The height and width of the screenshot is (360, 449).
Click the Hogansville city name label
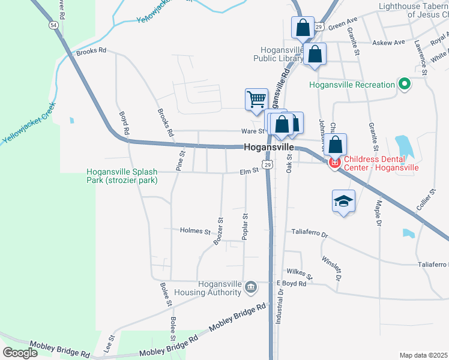click(x=269, y=148)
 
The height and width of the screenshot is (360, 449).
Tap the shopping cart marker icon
click(x=256, y=99)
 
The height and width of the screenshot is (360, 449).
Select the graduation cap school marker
click(x=343, y=201)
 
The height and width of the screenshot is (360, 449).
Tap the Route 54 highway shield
click(x=54, y=25)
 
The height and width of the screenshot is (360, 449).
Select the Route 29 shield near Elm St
click(x=268, y=164)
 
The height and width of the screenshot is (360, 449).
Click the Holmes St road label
click(x=196, y=231)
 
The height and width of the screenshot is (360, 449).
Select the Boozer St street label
click(x=218, y=231)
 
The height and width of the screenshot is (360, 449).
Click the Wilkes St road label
click(x=300, y=274)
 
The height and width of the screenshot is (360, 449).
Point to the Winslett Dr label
click(x=331, y=269)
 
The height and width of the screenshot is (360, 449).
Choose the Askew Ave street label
click(x=389, y=43)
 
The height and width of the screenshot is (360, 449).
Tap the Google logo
click(x=20, y=353)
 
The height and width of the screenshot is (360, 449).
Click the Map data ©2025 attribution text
click(x=423, y=355)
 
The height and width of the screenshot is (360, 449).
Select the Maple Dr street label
click(x=379, y=213)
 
